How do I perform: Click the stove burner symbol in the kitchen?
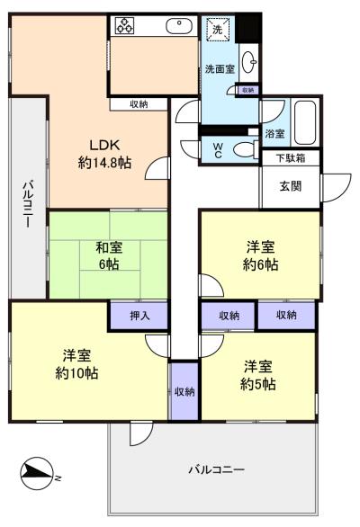coord(124,25)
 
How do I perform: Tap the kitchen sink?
coord(179,26)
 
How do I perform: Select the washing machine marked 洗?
coord(218,30)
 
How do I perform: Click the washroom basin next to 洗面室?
coord(249,62)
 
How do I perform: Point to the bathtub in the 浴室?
coord(305,122)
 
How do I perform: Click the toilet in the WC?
coord(245,149)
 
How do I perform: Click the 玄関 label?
coord(291,186)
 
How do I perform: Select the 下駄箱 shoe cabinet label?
coord(291,158)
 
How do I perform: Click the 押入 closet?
coord(139,316)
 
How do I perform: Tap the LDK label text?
coord(104,145)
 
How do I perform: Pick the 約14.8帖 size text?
coord(104,163)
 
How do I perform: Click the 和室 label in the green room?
coord(109,248)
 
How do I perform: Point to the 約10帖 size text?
coord(76,373)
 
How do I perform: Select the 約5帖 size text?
coord(258,384)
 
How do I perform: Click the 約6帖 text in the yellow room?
coord(260,264)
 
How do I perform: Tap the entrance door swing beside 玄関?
coord(337,188)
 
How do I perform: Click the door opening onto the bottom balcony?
coord(141,433)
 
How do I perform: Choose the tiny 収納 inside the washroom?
coord(248,90)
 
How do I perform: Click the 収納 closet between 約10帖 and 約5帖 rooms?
coord(184,391)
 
